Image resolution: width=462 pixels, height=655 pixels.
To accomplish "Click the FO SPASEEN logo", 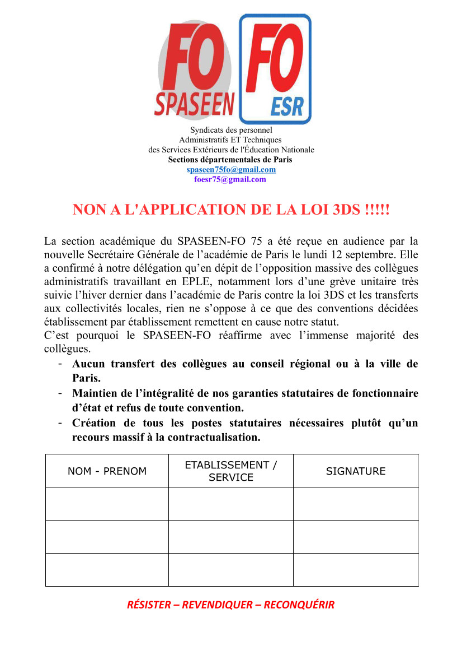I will (195, 70).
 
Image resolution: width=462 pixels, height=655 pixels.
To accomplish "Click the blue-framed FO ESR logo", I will (275, 68).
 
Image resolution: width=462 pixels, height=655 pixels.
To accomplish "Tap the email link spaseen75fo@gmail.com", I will (231, 170).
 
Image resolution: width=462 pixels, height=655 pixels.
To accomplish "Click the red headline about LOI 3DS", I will (230, 210).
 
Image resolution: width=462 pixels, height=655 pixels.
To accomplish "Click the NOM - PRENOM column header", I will (107, 471).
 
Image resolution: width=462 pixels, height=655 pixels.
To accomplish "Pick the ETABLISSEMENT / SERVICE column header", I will (231, 471).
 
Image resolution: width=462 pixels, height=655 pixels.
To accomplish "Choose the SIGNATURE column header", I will (356, 471).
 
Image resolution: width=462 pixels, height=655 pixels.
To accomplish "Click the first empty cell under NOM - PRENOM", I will (107, 504).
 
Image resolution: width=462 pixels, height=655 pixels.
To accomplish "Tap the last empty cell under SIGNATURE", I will (356, 570).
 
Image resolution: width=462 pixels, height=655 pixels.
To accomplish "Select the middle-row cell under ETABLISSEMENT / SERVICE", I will (231, 537).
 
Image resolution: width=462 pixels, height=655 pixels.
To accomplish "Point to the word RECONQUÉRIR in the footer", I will (299, 605).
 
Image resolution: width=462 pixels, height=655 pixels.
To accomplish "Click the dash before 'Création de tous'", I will (59, 423).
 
